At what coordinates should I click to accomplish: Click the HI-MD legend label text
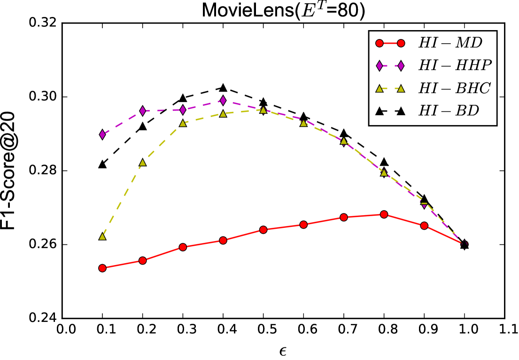coord(450,43)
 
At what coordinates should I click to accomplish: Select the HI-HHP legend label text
coord(455,66)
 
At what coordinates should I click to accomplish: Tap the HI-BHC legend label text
coord(454,88)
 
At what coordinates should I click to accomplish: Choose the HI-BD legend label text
coord(449,111)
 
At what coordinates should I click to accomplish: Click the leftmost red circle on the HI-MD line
coord(102,268)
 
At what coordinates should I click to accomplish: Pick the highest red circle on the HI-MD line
coord(384,214)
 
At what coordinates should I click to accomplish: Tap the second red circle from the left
coord(142,260)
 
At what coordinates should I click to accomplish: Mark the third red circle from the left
coord(183,247)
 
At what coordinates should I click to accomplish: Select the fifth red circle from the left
coord(263,229)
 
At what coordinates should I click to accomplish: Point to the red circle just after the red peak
coord(424,226)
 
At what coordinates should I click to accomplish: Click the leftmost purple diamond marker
coord(102,134)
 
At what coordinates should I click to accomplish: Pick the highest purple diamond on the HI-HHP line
coord(223,101)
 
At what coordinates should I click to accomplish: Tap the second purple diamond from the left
coord(142,111)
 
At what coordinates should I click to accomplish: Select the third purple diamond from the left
coord(183,110)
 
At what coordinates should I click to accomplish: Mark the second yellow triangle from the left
coord(142,163)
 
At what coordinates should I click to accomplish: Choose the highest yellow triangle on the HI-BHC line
coord(263,110)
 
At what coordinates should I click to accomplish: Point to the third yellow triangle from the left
coord(183,123)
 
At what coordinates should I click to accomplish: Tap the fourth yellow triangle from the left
coord(223,114)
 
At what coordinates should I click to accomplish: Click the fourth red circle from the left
coord(223,240)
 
